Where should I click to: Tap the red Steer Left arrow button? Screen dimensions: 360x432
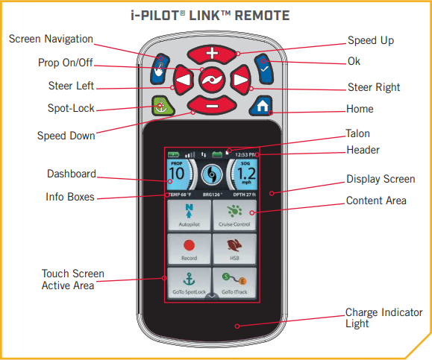click(183, 79)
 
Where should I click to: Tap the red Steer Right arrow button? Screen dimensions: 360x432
click(239, 79)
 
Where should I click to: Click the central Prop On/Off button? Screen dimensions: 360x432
click(211, 79)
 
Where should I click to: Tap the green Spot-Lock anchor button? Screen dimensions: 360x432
click(160, 105)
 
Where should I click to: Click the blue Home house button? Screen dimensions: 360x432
click(261, 105)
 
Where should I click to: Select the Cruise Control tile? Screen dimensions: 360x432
click(234, 215)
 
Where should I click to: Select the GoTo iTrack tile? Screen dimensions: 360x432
click(234, 284)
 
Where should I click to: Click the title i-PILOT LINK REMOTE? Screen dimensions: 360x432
click(216, 14)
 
